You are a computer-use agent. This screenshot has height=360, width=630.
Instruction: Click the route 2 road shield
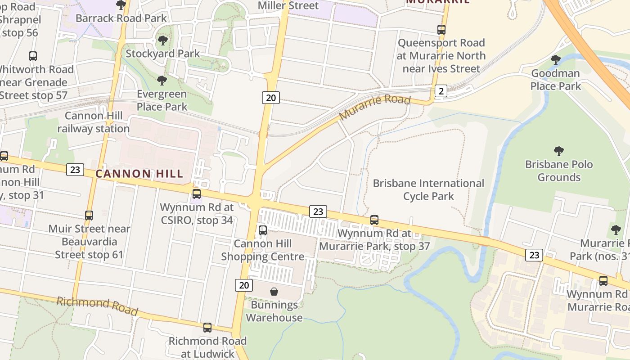tap(441, 91)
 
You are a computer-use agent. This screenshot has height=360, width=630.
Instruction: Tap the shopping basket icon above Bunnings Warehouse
tap(274, 292)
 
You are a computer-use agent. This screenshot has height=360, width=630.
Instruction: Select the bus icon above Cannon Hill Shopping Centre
tap(263, 230)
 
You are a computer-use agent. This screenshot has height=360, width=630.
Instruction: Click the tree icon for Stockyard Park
tap(162, 40)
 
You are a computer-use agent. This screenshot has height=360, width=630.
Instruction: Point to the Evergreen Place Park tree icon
tap(162, 81)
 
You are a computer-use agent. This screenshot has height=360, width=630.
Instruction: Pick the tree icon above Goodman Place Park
tap(556, 59)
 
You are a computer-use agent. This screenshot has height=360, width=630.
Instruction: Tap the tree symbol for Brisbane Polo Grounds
tap(559, 151)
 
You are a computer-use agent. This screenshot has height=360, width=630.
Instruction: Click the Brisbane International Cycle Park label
tap(428, 189)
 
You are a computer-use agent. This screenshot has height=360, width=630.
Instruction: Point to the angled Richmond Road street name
tap(97, 306)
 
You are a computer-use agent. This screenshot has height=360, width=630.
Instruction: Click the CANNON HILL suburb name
tap(139, 174)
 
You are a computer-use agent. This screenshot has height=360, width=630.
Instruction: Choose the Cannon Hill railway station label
tap(93, 122)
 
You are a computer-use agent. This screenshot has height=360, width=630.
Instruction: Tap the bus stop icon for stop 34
tap(197, 194)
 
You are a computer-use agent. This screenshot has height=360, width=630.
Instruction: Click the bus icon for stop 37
tap(374, 220)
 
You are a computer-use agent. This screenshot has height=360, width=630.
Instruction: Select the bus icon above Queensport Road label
tap(441, 30)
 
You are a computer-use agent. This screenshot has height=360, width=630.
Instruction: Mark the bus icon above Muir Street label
tap(89, 216)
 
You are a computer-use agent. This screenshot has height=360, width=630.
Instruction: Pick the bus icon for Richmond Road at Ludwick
tap(207, 328)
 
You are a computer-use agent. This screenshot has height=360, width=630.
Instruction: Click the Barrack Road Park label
tap(121, 18)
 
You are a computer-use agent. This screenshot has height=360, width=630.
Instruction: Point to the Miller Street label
tap(288, 5)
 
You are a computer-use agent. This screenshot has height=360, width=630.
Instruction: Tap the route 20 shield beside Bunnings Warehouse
tap(243, 285)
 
